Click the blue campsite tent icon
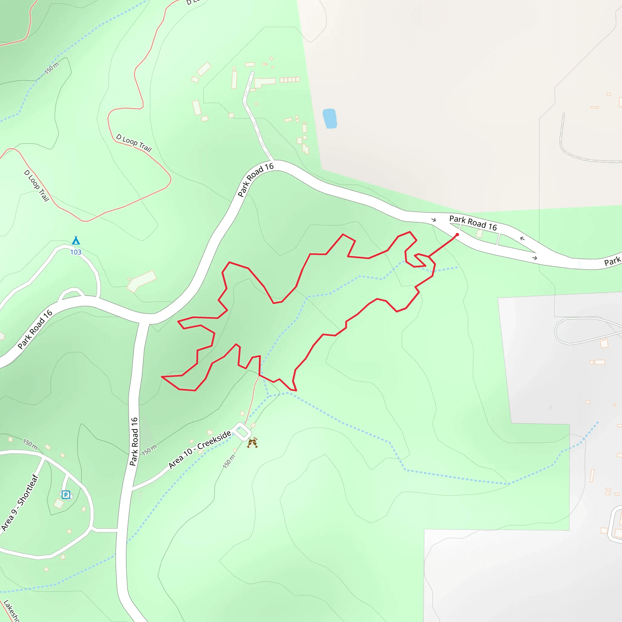[76, 241]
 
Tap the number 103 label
[76, 252]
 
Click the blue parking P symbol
[66, 494]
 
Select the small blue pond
[330, 118]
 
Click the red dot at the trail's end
[457, 235]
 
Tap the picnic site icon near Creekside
[252, 443]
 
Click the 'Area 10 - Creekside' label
[200, 449]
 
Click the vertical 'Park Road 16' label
[134, 441]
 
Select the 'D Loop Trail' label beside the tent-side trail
[36, 186]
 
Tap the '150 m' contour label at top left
[52, 68]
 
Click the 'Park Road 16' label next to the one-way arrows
[473, 223]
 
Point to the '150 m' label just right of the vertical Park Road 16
[149, 449]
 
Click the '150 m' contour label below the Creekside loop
[229, 461]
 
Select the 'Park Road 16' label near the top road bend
[256, 180]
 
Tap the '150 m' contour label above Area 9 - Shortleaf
[30, 444]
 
